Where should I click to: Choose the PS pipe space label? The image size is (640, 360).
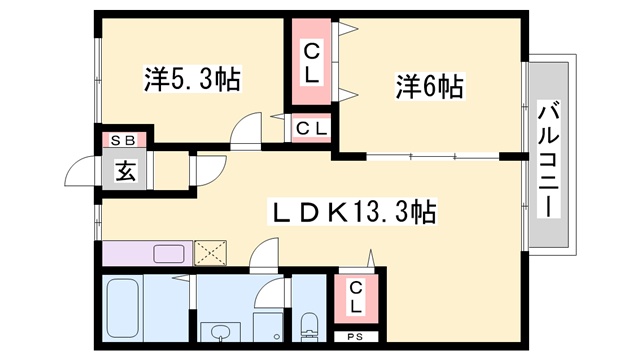click(355, 338)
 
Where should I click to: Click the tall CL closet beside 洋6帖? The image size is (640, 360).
click(311, 62)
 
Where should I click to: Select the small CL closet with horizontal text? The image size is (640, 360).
click(311, 127)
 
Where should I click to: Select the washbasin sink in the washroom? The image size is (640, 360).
click(218, 331)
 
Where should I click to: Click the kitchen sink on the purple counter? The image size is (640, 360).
click(165, 253)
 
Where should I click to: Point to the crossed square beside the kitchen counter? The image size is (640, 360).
click(211, 253)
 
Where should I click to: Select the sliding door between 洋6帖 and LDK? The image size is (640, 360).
click(430, 156)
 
